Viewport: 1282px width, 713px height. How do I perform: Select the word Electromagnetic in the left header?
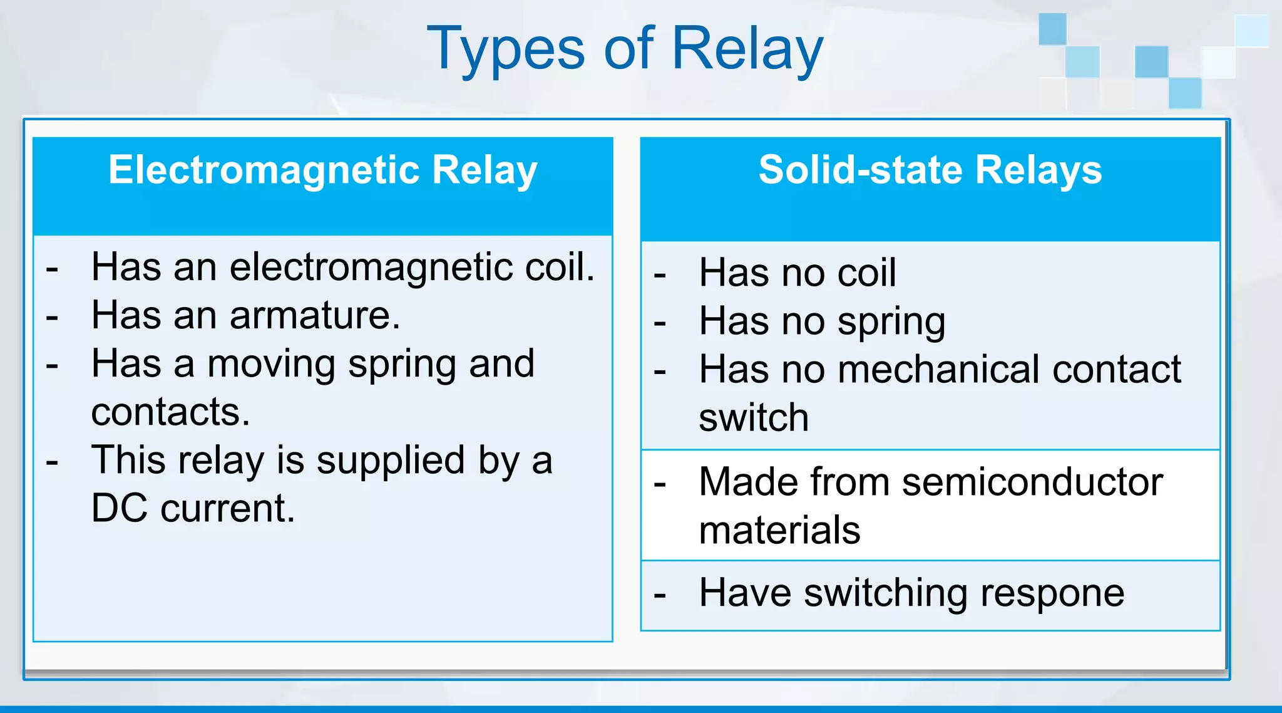(x=264, y=170)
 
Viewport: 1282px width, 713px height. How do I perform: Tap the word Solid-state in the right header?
(x=859, y=170)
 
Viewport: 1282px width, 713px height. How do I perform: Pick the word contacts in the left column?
(x=170, y=412)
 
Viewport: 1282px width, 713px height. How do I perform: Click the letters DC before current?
(x=120, y=508)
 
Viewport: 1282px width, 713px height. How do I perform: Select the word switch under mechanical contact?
(x=754, y=418)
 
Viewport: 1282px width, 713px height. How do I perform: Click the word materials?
(x=779, y=531)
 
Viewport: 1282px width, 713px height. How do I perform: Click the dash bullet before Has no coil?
(x=660, y=274)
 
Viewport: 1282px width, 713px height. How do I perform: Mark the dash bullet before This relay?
(x=52, y=462)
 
